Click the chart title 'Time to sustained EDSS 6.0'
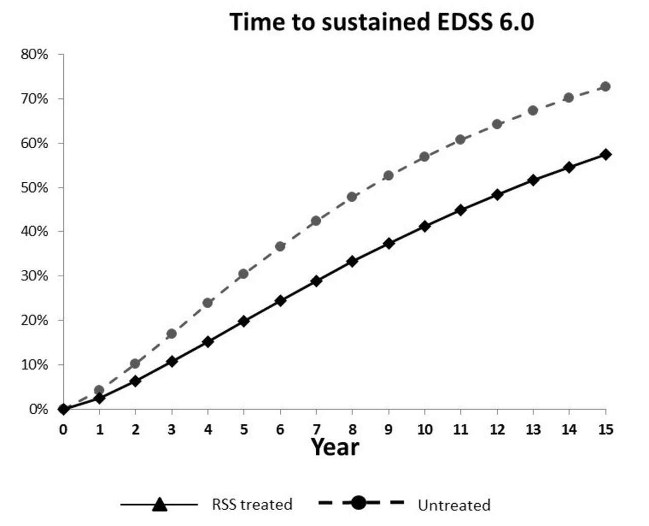coord(381,22)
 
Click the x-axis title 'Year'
coord(335,447)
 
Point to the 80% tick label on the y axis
coord(34,54)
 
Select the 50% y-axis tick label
coord(34,187)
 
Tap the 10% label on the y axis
coord(34,365)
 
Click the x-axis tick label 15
coord(605,430)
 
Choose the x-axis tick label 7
coord(316,430)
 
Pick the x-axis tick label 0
coord(63,430)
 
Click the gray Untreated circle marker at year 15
coord(605,86)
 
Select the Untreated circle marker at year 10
coord(424,156)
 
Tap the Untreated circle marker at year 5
coord(244,274)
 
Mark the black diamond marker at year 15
coord(605,154)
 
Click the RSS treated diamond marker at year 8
coord(352,261)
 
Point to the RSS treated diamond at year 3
coord(171,361)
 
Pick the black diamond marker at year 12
coord(497,194)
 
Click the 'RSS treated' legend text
coord(252,504)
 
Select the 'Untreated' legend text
coord(454,505)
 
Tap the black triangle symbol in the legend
coord(159,504)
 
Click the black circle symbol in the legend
coord(358,503)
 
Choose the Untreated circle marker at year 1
coord(99,390)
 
